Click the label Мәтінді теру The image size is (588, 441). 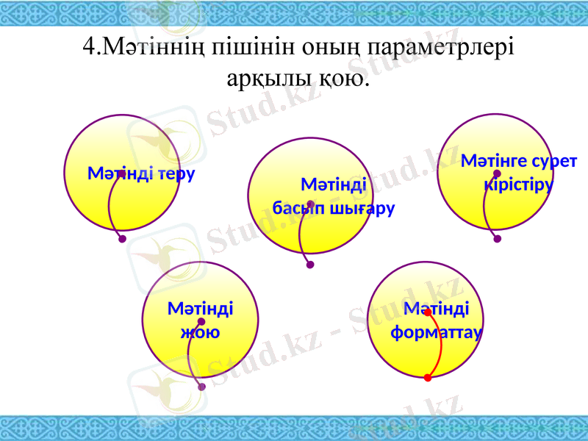click(141, 174)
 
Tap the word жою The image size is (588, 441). click(200, 331)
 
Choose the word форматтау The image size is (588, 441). click(437, 331)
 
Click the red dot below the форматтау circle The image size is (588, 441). click(428, 378)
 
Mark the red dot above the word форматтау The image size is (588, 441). click(427, 312)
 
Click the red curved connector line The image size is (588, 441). click(440, 345)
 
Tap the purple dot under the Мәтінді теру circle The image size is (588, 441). click(122, 239)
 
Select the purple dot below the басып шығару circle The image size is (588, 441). click(310, 265)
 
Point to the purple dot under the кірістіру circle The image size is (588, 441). click(498, 239)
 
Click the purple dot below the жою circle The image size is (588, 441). click(202, 387)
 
